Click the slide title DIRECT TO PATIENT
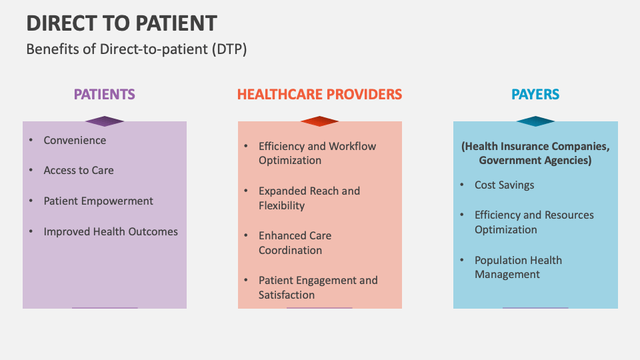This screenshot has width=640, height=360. pyautogui.click(x=121, y=23)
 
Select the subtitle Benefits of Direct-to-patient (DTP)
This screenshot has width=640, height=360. pyautogui.click(x=137, y=49)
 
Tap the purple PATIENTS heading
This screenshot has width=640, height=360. pyautogui.click(x=104, y=94)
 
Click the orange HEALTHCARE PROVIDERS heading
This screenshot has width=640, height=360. pyautogui.click(x=319, y=94)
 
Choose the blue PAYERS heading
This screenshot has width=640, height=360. pyautogui.click(x=535, y=94)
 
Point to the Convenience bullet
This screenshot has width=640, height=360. pyautogui.click(x=75, y=140)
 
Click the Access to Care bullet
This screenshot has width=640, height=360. pyautogui.click(x=79, y=170)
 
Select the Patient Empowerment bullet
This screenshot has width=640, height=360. pyautogui.click(x=98, y=201)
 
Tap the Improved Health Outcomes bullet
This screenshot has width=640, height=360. pyautogui.click(x=111, y=231)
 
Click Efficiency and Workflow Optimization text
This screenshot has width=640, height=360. pyautogui.click(x=317, y=153)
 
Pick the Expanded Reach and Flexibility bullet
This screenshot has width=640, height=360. pyautogui.click(x=309, y=198)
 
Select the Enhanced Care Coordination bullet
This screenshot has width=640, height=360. pyautogui.click(x=295, y=243)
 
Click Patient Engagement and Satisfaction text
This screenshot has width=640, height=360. pyautogui.click(x=317, y=287)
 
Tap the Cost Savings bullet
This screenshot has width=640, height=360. pyautogui.click(x=504, y=185)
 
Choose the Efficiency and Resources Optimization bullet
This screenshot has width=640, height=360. pyautogui.click(x=533, y=222)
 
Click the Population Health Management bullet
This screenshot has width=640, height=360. pyautogui.click(x=517, y=267)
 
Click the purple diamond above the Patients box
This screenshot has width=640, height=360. pyautogui.click(x=105, y=121)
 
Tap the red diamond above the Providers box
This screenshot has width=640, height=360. pyautogui.click(x=320, y=121)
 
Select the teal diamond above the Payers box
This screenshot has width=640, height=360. pyautogui.click(x=535, y=121)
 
